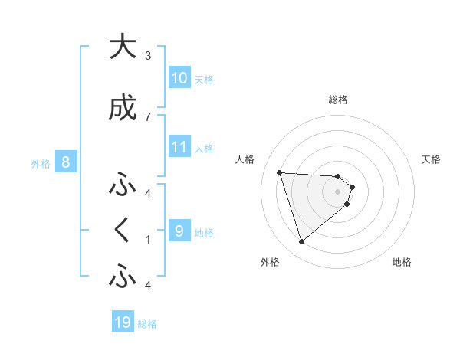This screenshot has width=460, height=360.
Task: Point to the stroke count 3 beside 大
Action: (147, 55)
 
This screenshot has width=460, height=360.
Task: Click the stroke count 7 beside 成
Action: (147, 116)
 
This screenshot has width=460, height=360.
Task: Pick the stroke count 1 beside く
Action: (147, 239)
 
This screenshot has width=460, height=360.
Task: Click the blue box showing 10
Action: (179, 78)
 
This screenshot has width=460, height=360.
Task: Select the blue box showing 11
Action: (179, 147)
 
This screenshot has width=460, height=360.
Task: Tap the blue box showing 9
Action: (179, 230)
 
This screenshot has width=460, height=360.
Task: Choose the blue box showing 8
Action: (66, 162)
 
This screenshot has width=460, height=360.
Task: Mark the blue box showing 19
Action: (123, 322)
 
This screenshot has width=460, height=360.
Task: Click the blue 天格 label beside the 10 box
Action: (204, 79)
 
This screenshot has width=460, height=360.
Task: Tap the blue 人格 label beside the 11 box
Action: (204, 148)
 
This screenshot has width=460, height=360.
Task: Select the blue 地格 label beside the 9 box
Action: (204, 231)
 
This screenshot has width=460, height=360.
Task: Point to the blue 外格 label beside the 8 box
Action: (40, 163)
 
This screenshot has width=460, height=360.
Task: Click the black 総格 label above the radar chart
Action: (338, 100)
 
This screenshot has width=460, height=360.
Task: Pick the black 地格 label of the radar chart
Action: (402, 262)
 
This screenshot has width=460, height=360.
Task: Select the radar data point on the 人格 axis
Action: (279, 172)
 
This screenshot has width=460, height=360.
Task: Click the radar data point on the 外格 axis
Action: (301, 242)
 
